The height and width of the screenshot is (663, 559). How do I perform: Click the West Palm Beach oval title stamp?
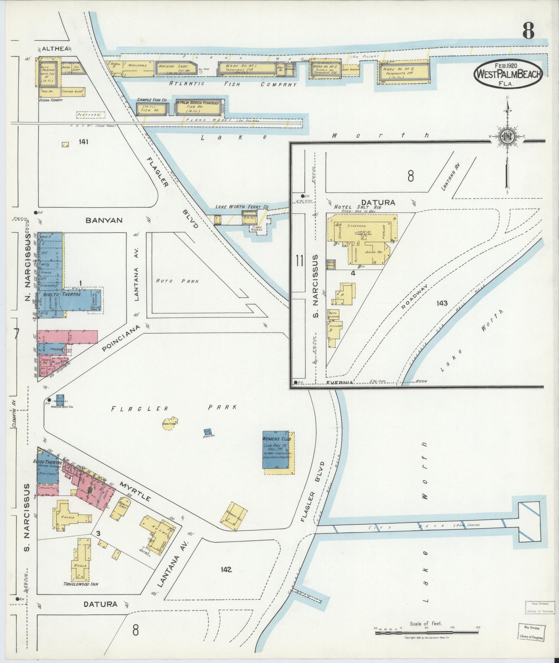508,73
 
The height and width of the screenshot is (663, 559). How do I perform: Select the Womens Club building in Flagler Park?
276,450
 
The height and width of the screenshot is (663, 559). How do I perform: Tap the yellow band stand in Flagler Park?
169,423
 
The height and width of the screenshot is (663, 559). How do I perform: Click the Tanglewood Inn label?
80,584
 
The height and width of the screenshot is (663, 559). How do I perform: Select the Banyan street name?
104,220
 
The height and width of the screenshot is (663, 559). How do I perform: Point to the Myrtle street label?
136,491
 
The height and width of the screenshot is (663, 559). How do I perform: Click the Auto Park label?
177,281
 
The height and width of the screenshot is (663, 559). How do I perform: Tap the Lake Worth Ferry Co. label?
242,207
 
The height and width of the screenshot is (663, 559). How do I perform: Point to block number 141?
84,141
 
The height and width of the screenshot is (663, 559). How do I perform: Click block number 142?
225,569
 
